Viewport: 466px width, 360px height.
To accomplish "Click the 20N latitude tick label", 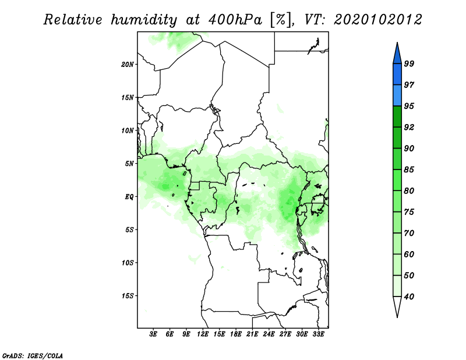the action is [128, 65].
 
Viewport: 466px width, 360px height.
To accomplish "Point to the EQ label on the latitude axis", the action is [129, 197].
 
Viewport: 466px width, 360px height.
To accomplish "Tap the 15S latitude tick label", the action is [128, 296].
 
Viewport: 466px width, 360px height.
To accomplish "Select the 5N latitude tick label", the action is [129, 164].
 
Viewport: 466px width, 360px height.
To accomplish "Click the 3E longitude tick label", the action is [153, 334].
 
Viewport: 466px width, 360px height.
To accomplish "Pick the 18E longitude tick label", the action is [236, 334].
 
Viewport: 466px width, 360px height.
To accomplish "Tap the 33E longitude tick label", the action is [318, 334].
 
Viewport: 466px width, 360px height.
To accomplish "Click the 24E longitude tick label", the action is [269, 334].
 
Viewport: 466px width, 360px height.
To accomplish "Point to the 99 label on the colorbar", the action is [409, 63].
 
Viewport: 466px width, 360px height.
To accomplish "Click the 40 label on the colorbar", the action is [409, 297].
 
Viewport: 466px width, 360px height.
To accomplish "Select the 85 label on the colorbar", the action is [409, 170].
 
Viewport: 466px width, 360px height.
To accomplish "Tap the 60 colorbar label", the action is [409, 254].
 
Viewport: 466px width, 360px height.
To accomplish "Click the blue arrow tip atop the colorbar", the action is [397, 43].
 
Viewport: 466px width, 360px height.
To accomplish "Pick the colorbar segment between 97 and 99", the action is [397, 75].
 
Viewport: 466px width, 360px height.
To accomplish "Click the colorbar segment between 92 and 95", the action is [397, 117].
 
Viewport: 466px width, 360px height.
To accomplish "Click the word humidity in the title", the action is [144, 20].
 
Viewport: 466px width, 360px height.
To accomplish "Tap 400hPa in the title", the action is [235, 20].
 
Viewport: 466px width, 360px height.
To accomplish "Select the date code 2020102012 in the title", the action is [377, 20].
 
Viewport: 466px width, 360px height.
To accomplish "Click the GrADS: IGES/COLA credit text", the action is [33, 355].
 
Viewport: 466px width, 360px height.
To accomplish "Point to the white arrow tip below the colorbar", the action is [397, 317].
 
